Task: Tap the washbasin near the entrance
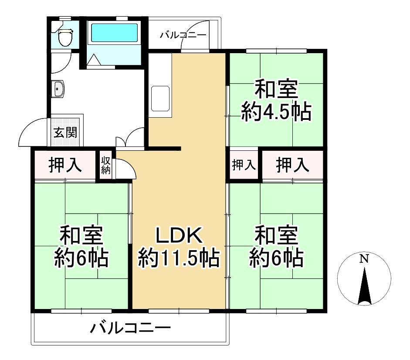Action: tap(58, 90)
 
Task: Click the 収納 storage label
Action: tap(106, 165)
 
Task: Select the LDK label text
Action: tap(178, 236)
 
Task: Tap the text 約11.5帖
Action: tap(179, 260)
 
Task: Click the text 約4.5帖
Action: tap(276, 113)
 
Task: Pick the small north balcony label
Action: tap(182, 35)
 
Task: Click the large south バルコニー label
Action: tap(130, 327)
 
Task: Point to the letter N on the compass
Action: tap(364, 259)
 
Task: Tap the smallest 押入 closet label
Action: tap(244, 165)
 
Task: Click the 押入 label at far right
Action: tap(293, 165)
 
